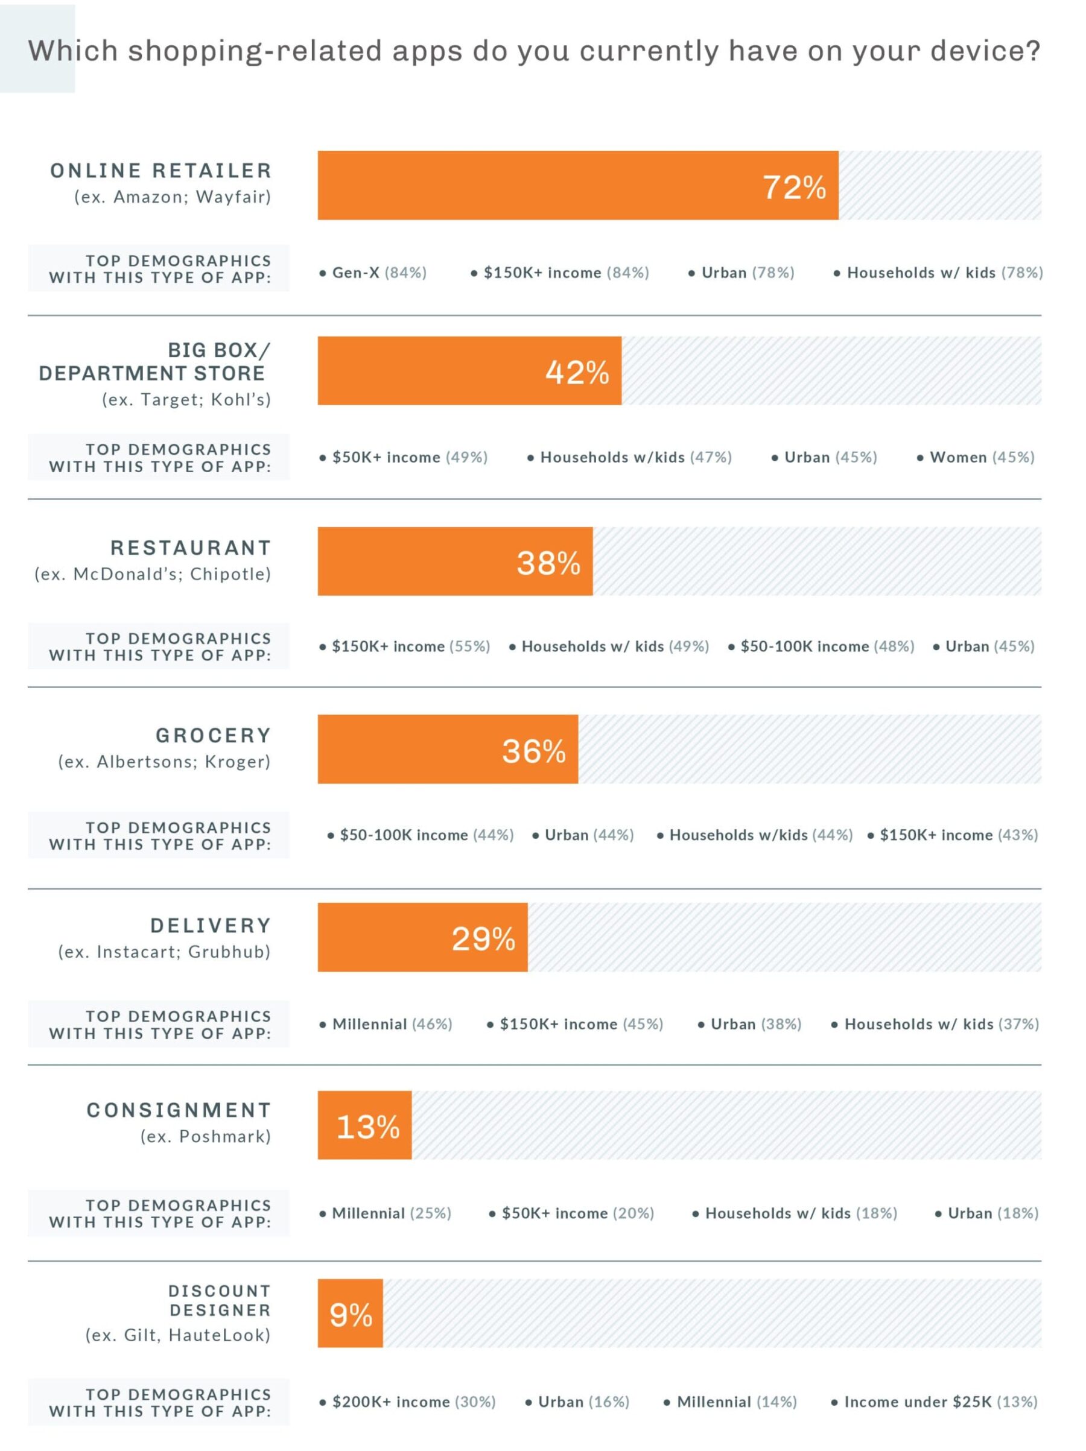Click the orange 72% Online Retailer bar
tap(577, 185)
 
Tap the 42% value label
tap(577, 372)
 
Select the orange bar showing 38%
tap(455, 561)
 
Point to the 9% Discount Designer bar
tap(350, 1313)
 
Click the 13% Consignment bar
tap(364, 1125)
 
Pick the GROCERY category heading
tap(213, 735)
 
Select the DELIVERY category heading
tap(211, 926)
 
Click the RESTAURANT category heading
tap(190, 548)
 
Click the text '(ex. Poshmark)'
tap(205, 1136)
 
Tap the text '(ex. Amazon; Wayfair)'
tap(173, 197)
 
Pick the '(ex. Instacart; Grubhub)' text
tap(164, 952)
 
